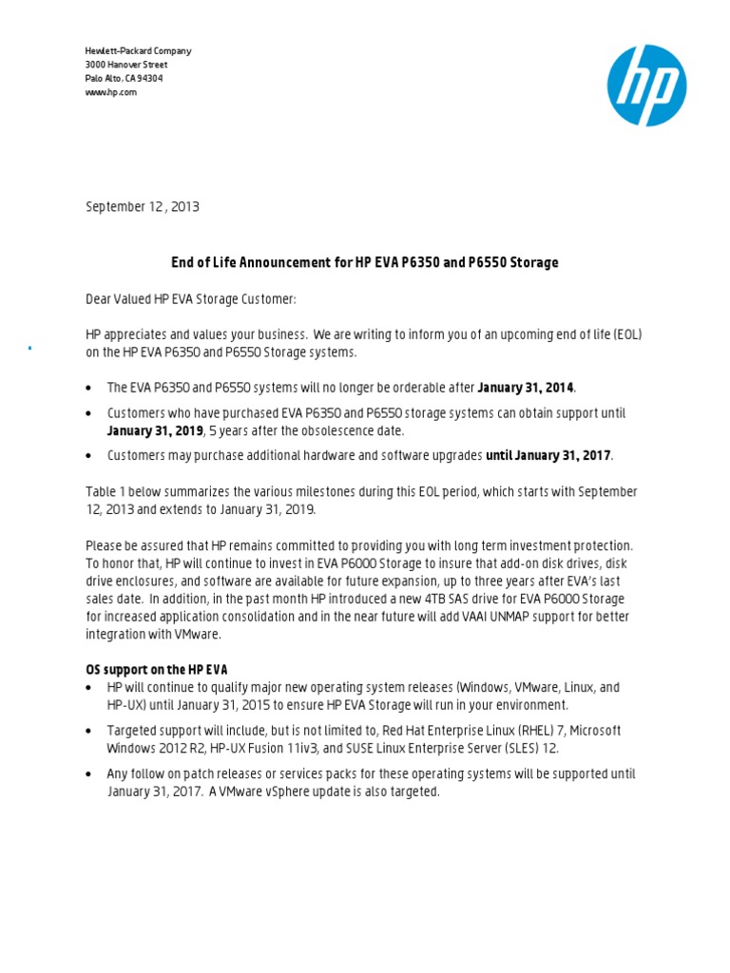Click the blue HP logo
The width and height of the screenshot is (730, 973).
point(646,86)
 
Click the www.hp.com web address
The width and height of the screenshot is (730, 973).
point(111,92)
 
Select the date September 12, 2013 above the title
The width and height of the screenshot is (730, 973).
point(143,206)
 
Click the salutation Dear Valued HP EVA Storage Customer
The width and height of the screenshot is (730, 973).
point(191,299)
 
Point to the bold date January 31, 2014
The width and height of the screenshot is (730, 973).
point(526,388)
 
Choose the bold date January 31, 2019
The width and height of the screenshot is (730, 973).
point(155,430)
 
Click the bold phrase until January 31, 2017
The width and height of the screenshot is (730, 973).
point(548,456)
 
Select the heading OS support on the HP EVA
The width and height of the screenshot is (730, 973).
point(157,670)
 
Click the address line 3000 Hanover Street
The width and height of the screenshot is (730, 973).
point(126,65)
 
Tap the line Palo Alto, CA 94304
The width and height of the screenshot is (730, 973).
point(124,78)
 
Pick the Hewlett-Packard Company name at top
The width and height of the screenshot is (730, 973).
point(138,50)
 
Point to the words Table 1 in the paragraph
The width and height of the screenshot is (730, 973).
point(106,492)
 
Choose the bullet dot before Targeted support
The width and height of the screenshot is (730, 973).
point(89,732)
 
